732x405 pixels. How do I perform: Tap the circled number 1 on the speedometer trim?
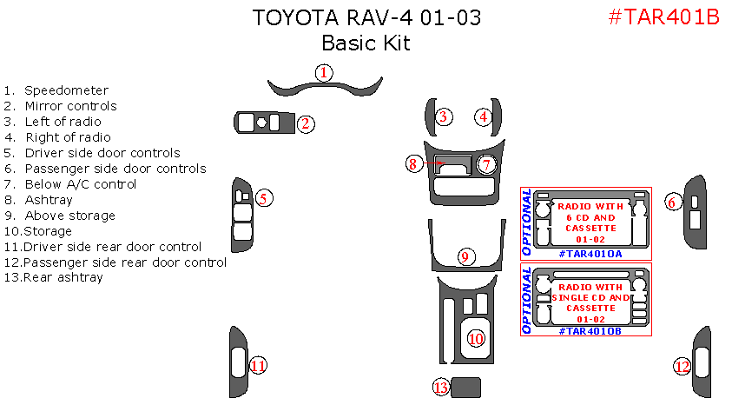coord(323,72)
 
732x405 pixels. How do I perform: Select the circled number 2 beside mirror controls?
coord(306,123)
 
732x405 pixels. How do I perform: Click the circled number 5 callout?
coord(265,198)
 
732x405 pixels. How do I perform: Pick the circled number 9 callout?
coord(465,256)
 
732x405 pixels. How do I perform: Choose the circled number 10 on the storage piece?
coord(476,339)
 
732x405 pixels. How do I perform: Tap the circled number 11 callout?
coord(258,366)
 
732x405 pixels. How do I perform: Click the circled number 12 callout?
coord(683,366)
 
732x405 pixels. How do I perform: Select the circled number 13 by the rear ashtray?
coord(441,387)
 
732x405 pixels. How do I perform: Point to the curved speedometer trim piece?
coord(324,88)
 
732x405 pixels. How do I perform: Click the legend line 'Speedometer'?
coord(66,90)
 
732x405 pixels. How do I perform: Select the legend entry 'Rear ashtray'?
coord(63,278)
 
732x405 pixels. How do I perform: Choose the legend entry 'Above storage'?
coord(69,216)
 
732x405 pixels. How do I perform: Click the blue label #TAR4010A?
coord(590,254)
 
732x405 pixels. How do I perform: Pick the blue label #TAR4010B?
coord(590,331)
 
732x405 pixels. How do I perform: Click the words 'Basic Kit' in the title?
coord(366,43)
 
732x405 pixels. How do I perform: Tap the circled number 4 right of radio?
coord(483,116)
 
